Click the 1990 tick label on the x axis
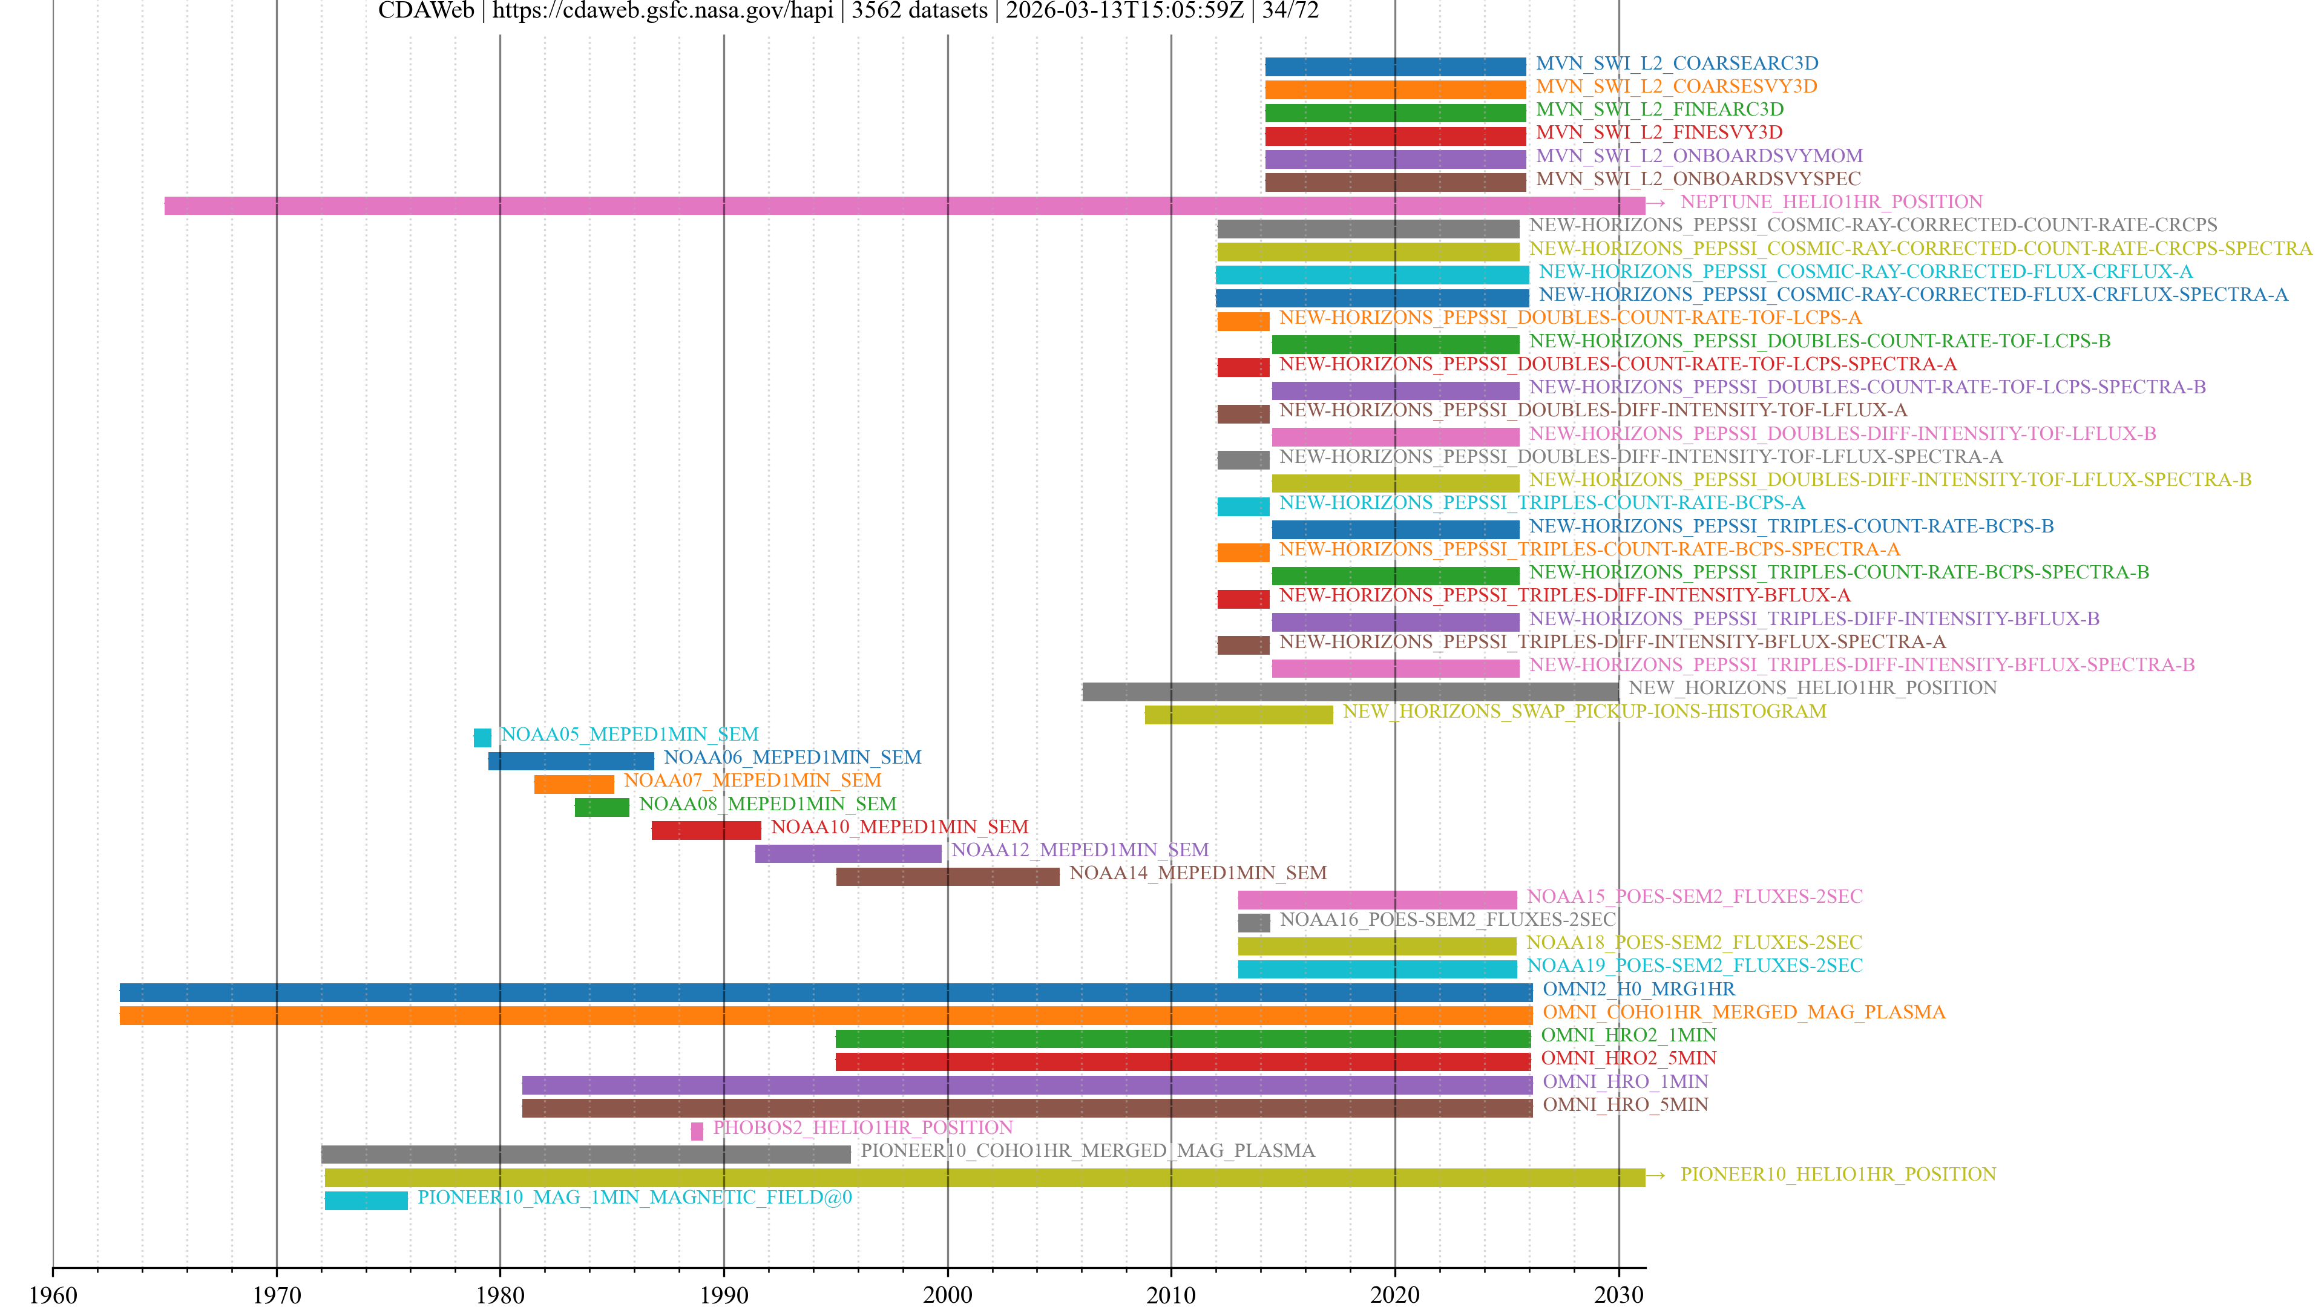pyautogui.click(x=724, y=1294)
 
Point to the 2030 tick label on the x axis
pyautogui.click(x=1618, y=1294)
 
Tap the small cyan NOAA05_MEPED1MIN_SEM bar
pyautogui.click(x=483, y=737)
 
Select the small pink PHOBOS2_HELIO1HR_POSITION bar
pyautogui.click(x=697, y=1130)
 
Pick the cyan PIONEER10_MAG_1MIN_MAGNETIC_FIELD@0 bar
pyautogui.click(x=366, y=1200)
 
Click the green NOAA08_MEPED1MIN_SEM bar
pyautogui.click(x=602, y=807)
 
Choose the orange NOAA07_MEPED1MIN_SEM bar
pyautogui.click(x=574, y=784)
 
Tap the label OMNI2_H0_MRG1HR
pyautogui.click(x=1638, y=989)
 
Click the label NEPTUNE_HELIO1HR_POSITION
pyautogui.click(x=1831, y=202)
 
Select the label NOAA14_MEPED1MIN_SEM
pyautogui.click(x=1197, y=873)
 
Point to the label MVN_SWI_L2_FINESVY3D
pyautogui.click(x=1659, y=133)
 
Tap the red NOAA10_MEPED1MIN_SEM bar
pyautogui.click(x=706, y=830)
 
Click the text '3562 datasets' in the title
pyautogui.click(x=919, y=11)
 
